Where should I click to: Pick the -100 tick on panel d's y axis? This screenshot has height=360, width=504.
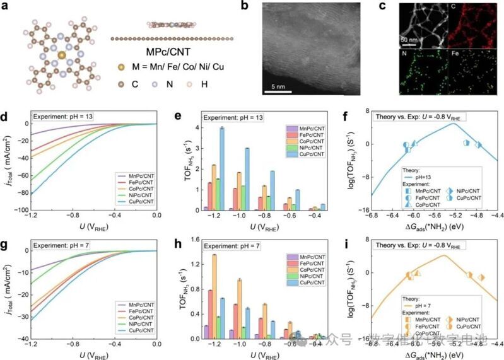tap(22, 210)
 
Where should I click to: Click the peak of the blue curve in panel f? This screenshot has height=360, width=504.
tap(452, 124)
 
